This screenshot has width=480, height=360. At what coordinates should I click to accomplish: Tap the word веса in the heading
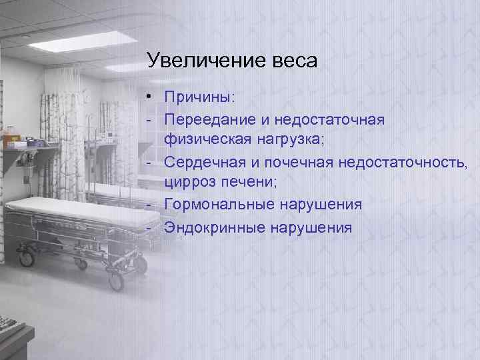click(x=291, y=61)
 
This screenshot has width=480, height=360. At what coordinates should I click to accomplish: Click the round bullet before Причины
click(x=153, y=98)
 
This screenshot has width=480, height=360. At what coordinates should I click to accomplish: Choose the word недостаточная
click(x=329, y=119)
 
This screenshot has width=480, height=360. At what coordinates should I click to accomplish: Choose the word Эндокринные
click(x=210, y=227)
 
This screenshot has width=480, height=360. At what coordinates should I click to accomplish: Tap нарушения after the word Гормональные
click(x=317, y=204)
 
